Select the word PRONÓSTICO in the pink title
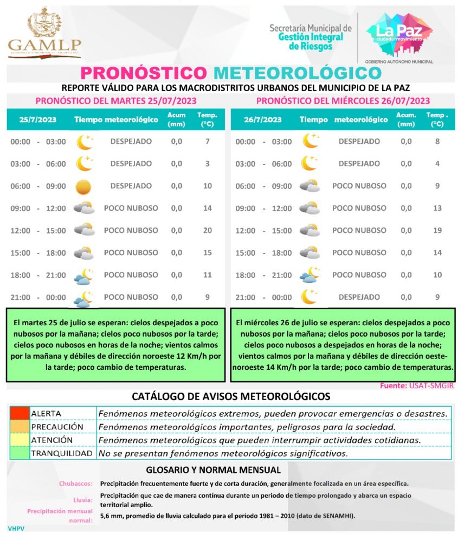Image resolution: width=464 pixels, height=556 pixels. point(144,73)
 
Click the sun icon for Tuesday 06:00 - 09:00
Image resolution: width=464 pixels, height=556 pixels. point(83,187)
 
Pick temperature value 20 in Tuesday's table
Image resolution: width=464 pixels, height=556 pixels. point(207,230)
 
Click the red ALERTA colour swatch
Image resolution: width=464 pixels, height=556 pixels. point(20,413)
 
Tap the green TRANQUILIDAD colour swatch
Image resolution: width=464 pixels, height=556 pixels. point(20,453)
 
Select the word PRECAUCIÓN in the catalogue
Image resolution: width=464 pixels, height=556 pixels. point(57,427)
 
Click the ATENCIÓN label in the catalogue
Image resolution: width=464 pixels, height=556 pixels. point(51,440)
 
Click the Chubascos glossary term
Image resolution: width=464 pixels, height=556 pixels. point(76,483)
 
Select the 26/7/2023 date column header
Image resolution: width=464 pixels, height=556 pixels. point(263,119)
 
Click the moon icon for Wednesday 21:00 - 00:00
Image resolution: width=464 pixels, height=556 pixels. point(309,297)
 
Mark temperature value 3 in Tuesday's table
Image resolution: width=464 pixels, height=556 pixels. point(207,163)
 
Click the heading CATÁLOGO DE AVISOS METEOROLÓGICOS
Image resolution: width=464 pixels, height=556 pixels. point(231,396)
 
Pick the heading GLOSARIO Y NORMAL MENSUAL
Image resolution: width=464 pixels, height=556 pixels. point(214,470)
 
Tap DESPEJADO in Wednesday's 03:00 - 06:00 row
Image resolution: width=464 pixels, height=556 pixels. point(359,163)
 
